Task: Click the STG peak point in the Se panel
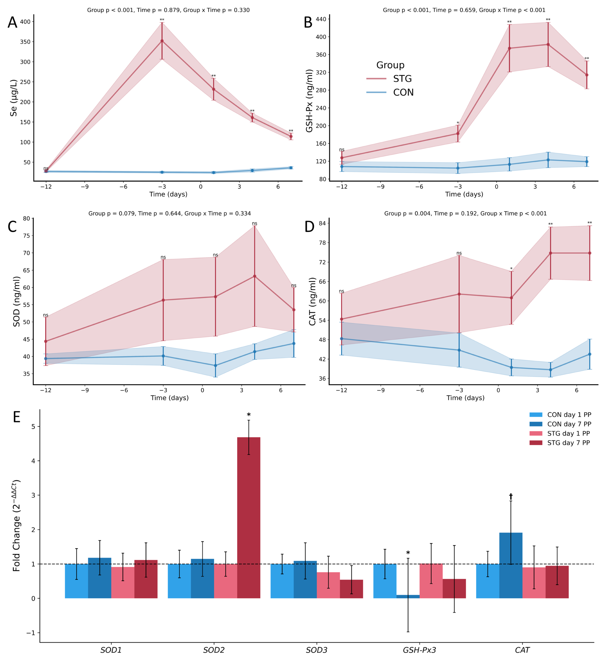(162, 41)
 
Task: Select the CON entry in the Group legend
(403, 92)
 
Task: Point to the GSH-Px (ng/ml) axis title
(309, 101)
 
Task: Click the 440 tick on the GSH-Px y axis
(321, 19)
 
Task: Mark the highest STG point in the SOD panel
(254, 276)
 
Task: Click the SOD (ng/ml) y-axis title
(16, 301)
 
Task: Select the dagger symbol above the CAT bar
(511, 497)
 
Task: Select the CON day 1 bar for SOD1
(77, 581)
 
